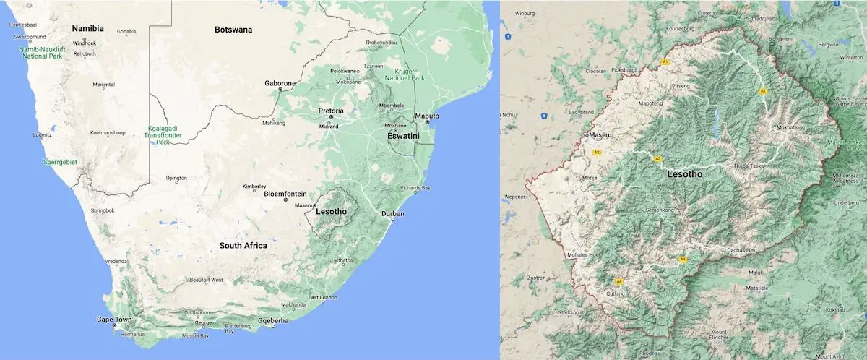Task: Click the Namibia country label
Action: coord(87,29)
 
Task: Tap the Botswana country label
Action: coord(233,30)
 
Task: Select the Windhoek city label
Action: coord(85,43)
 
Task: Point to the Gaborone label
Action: coord(280,83)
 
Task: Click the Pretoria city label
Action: coord(331,111)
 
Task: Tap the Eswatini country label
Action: coord(403,134)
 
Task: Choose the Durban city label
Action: coord(392,214)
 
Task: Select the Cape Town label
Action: coord(114,320)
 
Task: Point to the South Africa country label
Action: coord(243,246)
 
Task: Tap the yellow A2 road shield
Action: coord(597,153)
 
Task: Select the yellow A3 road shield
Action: coord(657,158)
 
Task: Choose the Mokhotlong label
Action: coord(790,128)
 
